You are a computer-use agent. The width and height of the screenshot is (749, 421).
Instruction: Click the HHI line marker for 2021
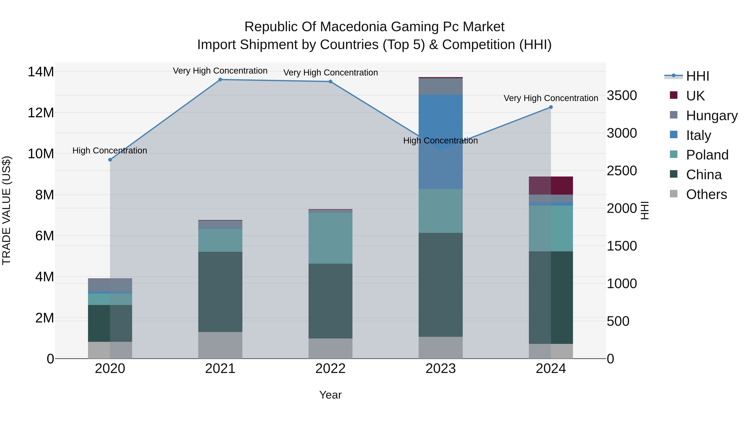(x=220, y=80)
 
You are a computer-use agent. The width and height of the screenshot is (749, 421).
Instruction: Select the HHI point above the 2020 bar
(x=110, y=160)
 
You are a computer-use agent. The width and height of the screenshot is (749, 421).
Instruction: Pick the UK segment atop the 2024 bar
(x=551, y=185)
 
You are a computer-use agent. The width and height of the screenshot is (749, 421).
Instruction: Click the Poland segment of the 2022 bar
(x=330, y=238)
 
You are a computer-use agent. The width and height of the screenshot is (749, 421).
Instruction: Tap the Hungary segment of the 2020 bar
(x=110, y=285)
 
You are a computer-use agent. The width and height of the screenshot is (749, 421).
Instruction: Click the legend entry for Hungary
(x=712, y=115)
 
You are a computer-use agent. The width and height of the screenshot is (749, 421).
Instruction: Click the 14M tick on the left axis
(x=41, y=72)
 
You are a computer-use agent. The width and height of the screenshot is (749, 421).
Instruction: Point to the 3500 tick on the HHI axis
(x=622, y=96)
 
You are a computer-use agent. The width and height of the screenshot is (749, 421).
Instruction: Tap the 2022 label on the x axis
(x=330, y=369)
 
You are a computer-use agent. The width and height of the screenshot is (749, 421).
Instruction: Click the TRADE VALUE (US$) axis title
(x=6, y=210)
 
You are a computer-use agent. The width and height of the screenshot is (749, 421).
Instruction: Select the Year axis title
(x=330, y=395)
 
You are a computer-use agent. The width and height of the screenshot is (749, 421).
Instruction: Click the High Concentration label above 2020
(x=110, y=151)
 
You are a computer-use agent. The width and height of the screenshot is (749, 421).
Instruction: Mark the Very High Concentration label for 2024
(x=551, y=98)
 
